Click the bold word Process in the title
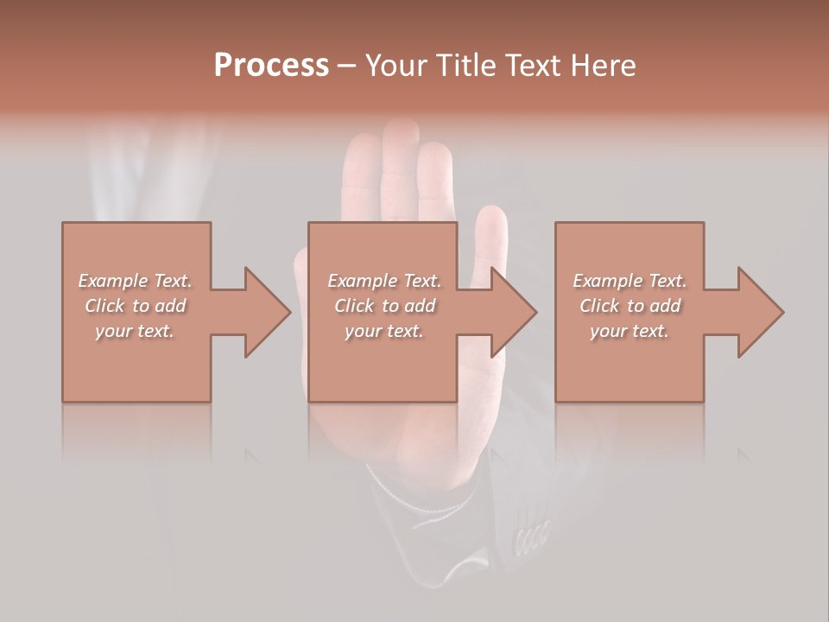click(271, 66)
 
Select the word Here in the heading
click(602, 66)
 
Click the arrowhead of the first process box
click(268, 312)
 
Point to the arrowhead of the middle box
click(514, 312)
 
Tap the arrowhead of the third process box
click(761, 312)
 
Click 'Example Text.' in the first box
click(135, 281)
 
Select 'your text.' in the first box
click(135, 331)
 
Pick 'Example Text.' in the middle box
click(384, 281)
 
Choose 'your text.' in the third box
click(630, 331)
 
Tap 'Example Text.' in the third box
click(630, 281)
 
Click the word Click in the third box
click(599, 306)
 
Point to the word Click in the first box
click(104, 306)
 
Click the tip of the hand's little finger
click(492, 216)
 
